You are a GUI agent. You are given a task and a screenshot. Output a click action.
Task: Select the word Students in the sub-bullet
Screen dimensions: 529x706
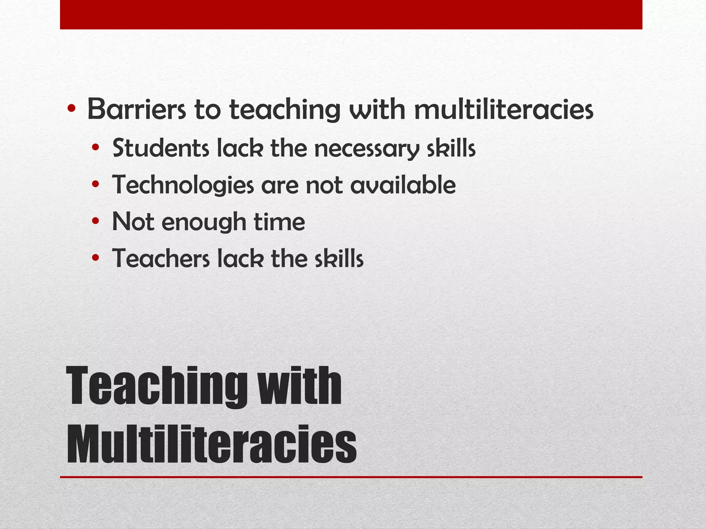161,148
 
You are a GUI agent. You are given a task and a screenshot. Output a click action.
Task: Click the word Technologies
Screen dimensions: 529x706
183,185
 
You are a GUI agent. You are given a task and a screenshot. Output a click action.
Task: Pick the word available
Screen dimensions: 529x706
403,185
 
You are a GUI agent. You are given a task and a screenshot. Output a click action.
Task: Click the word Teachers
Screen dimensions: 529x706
161,259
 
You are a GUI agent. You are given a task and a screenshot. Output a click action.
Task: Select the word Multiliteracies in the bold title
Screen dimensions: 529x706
211,444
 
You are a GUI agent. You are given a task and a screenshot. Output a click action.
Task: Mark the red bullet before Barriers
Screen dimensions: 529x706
72,110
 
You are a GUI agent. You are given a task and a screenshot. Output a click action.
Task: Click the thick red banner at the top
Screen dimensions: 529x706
351,14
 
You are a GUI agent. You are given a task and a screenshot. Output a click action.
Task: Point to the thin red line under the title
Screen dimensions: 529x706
351,477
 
